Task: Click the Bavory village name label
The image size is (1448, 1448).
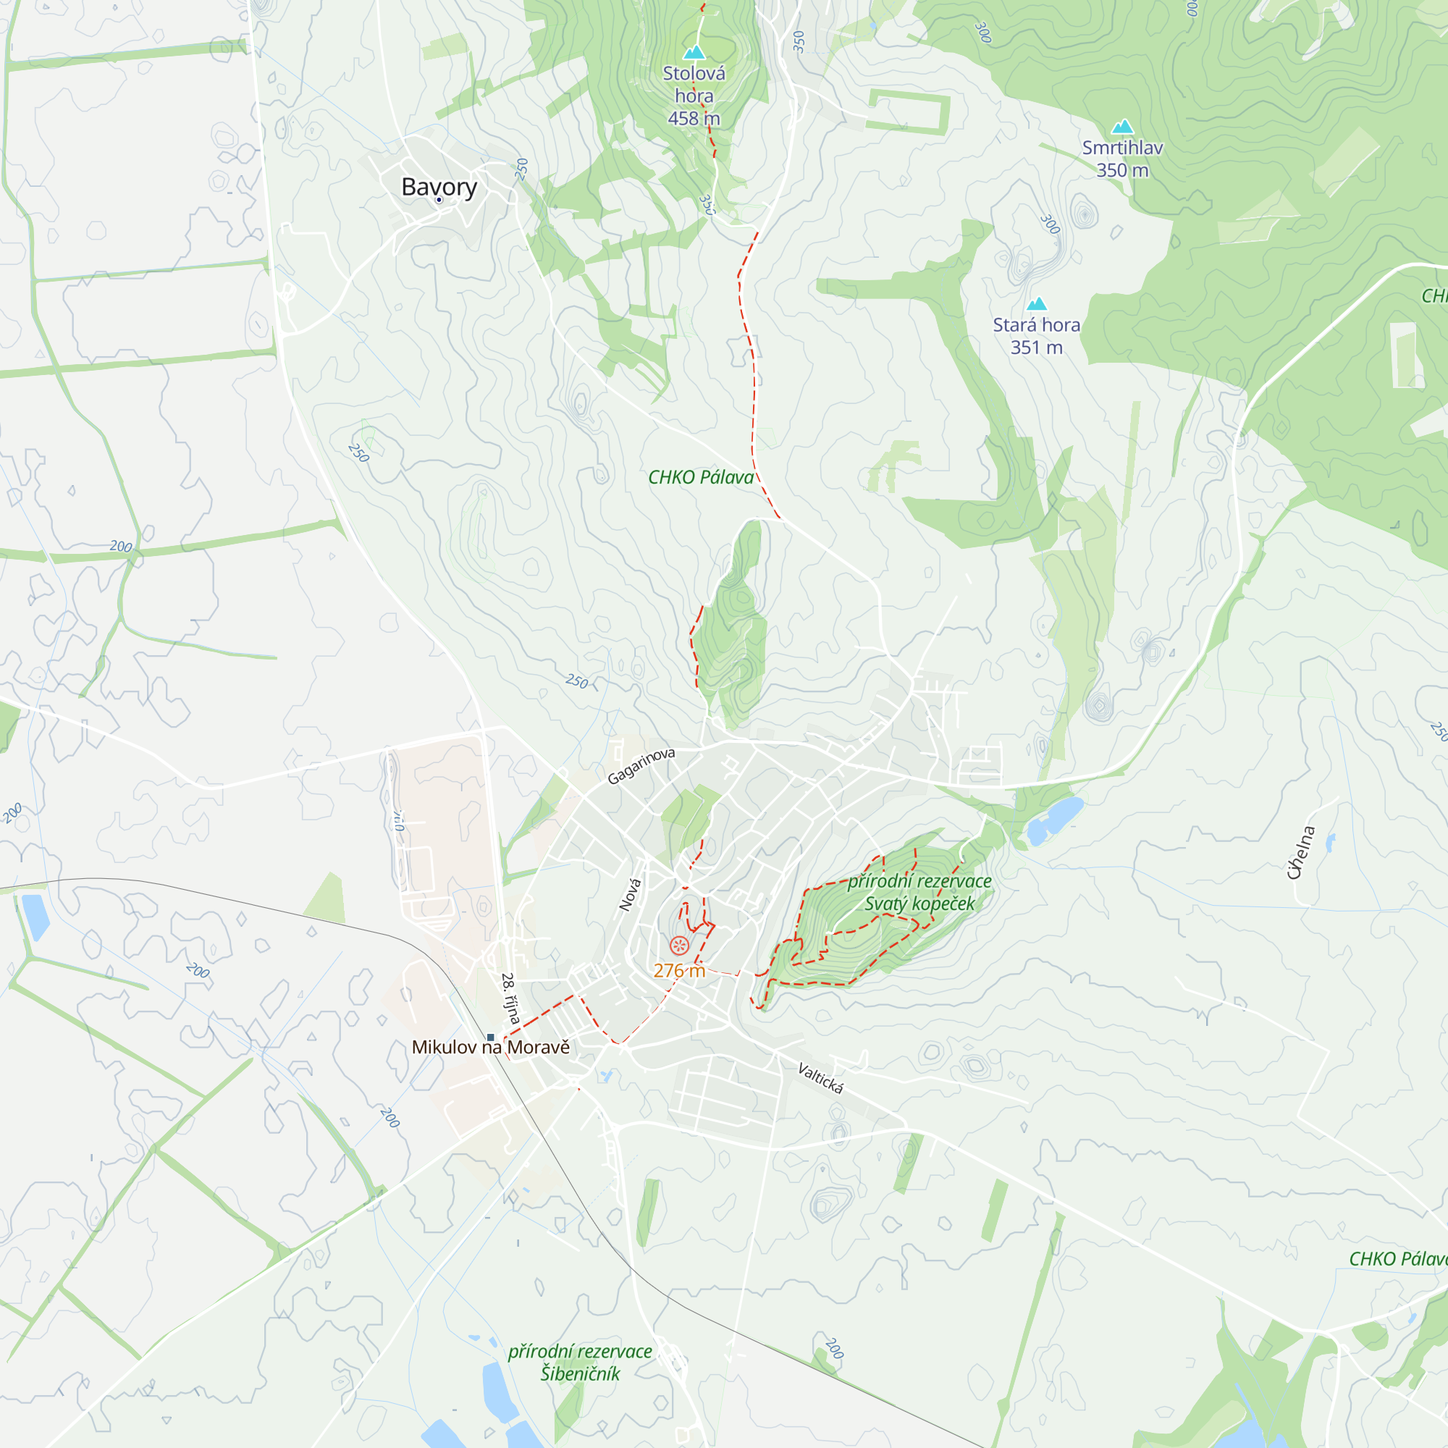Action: pyautogui.click(x=439, y=186)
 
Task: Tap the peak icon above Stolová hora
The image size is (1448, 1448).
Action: pyautogui.click(x=694, y=52)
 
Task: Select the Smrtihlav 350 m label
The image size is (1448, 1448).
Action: pyautogui.click(x=1122, y=159)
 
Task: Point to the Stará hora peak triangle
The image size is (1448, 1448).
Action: pyautogui.click(x=1037, y=303)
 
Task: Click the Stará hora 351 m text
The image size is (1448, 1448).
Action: pyautogui.click(x=1037, y=336)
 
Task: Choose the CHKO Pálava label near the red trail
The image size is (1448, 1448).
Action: pyautogui.click(x=701, y=477)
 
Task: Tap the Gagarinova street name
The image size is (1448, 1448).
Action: pyautogui.click(x=641, y=765)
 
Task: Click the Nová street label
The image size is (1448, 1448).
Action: pyautogui.click(x=631, y=895)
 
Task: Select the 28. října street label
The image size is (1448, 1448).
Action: pyautogui.click(x=510, y=998)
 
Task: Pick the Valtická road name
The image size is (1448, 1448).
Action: pyautogui.click(x=820, y=1078)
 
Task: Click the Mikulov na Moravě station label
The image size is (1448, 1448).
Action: pyautogui.click(x=491, y=1047)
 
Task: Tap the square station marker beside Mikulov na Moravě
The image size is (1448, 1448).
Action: pyautogui.click(x=491, y=1037)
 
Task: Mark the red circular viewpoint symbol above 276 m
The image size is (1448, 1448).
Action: pyautogui.click(x=679, y=946)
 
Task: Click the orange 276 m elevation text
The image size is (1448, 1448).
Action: pyautogui.click(x=679, y=971)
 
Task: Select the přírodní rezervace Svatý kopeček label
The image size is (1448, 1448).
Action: pyautogui.click(x=919, y=892)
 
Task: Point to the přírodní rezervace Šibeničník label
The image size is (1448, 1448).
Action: pyautogui.click(x=580, y=1363)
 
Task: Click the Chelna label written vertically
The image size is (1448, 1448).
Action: pyautogui.click(x=1301, y=852)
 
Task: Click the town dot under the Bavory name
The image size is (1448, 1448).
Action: pyautogui.click(x=439, y=200)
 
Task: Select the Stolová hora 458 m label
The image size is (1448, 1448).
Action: pyautogui.click(x=694, y=96)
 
